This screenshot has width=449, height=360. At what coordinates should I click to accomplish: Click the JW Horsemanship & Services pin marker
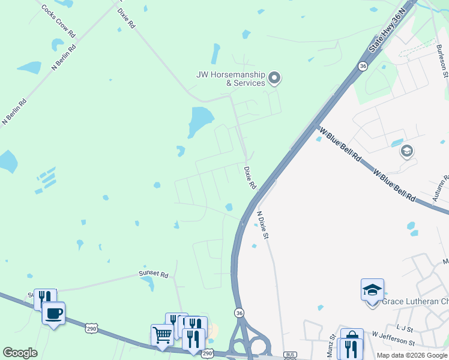[275, 77]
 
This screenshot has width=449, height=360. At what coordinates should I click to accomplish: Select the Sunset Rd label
[154, 273]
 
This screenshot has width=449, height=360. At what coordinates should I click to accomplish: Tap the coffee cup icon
[53, 313]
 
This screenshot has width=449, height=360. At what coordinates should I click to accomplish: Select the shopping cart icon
[162, 335]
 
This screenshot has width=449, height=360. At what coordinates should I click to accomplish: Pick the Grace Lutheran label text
[414, 301]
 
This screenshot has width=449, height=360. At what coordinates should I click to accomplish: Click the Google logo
[19, 353]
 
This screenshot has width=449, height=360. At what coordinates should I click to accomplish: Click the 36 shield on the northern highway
[363, 66]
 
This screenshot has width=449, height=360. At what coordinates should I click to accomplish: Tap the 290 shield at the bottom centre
[207, 355]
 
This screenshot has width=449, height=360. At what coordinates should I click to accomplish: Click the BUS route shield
[290, 355]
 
